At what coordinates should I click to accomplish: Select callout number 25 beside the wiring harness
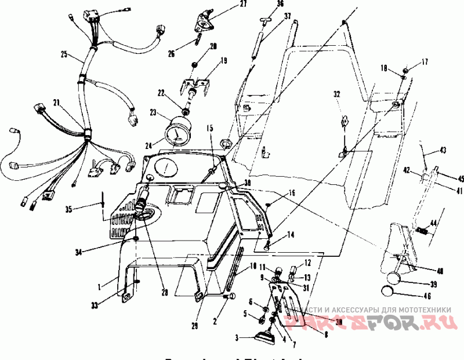tap(64, 56)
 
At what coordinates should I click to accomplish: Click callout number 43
tap(443, 150)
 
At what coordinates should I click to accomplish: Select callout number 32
tap(336, 93)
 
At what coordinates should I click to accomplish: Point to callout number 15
tap(209, 128)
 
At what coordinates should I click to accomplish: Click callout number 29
tap(195, 326)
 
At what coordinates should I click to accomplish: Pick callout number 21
tap(56, 103)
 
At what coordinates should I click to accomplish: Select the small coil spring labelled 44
tap(423, 232)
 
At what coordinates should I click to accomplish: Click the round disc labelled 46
tap(391, 292)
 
